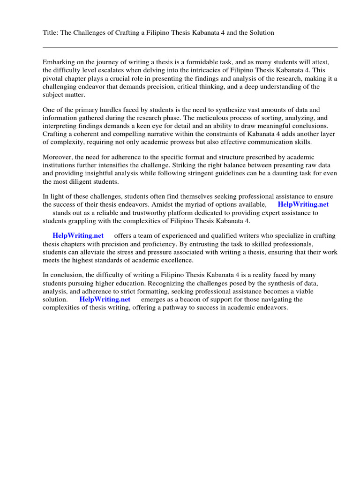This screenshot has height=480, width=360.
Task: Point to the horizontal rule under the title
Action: pyautogui.click(x=190, y=47)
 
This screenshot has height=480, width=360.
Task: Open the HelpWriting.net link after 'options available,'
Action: pyautogui.click(x=303, y=204)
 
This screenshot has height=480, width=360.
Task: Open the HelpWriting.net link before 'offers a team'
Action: pyautogui.click(x=78, y=235)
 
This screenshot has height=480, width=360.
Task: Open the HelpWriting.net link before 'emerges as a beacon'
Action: pyautogui.click(x=105, y=300)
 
